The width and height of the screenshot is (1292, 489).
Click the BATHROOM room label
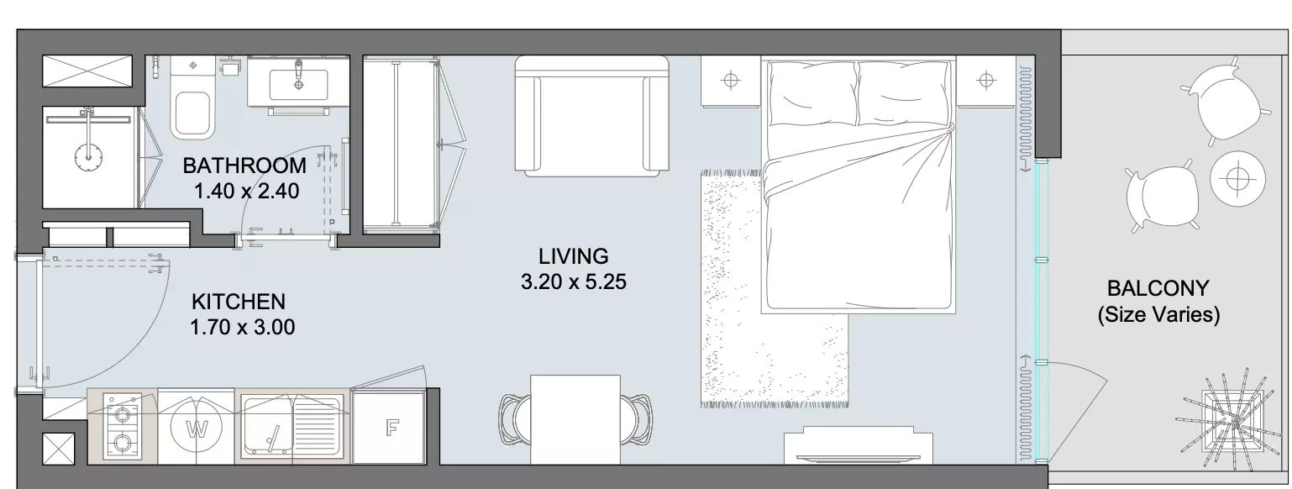(244, 166)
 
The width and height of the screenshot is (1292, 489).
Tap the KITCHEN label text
(239, 302)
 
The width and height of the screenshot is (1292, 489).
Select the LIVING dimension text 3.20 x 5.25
(573, 282)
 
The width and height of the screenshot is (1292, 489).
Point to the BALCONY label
(1158, 287)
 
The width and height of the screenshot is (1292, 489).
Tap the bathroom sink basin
(298, 81)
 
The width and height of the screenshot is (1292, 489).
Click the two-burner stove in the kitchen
(122, 428)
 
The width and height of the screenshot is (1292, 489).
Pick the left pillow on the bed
(812, 92)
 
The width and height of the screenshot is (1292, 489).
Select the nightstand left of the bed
(730, 81)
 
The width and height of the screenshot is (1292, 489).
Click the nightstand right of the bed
(985, 81)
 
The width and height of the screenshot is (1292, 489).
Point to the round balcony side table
(1237, 178)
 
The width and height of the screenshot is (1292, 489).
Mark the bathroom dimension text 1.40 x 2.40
(246, 191)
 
